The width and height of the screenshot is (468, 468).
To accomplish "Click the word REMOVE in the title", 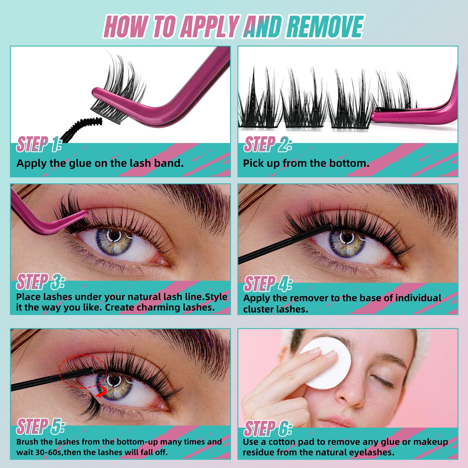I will (325, 27).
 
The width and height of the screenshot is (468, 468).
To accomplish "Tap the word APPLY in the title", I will (209, 27).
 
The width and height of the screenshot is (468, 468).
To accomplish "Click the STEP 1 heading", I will (39, 144).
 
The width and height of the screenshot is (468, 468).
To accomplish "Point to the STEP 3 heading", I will (40, 282).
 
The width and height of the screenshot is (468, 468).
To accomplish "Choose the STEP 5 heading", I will (40, 426).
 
